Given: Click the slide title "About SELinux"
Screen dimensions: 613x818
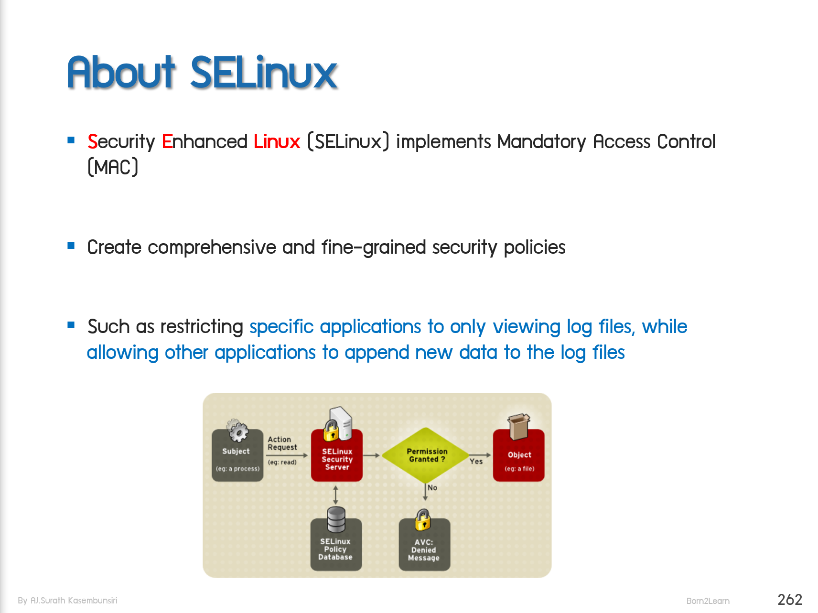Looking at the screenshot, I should [x=202, y=73].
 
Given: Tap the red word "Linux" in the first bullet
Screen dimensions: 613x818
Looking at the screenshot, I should [x=277, y=142].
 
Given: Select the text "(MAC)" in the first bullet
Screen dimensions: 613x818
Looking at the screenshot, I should [x=113, y=167].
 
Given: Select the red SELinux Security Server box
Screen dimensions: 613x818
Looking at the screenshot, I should [x=337, y=459].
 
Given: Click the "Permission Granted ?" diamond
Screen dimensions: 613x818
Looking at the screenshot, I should [x=426, y=455].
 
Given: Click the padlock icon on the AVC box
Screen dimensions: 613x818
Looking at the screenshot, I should [x=423, y=519].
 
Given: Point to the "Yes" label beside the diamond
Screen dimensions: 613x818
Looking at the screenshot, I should [x=476, y=462].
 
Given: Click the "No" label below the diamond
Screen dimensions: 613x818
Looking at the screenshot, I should [x=432, y=488].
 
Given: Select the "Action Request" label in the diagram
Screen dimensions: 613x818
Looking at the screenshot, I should [x=282, y=443].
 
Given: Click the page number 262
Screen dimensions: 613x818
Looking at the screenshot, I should [x=789, y=600].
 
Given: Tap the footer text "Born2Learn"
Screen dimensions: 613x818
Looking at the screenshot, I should [x=708, y=601].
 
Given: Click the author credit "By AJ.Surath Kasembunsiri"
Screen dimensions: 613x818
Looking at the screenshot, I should [x=67, y=601].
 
